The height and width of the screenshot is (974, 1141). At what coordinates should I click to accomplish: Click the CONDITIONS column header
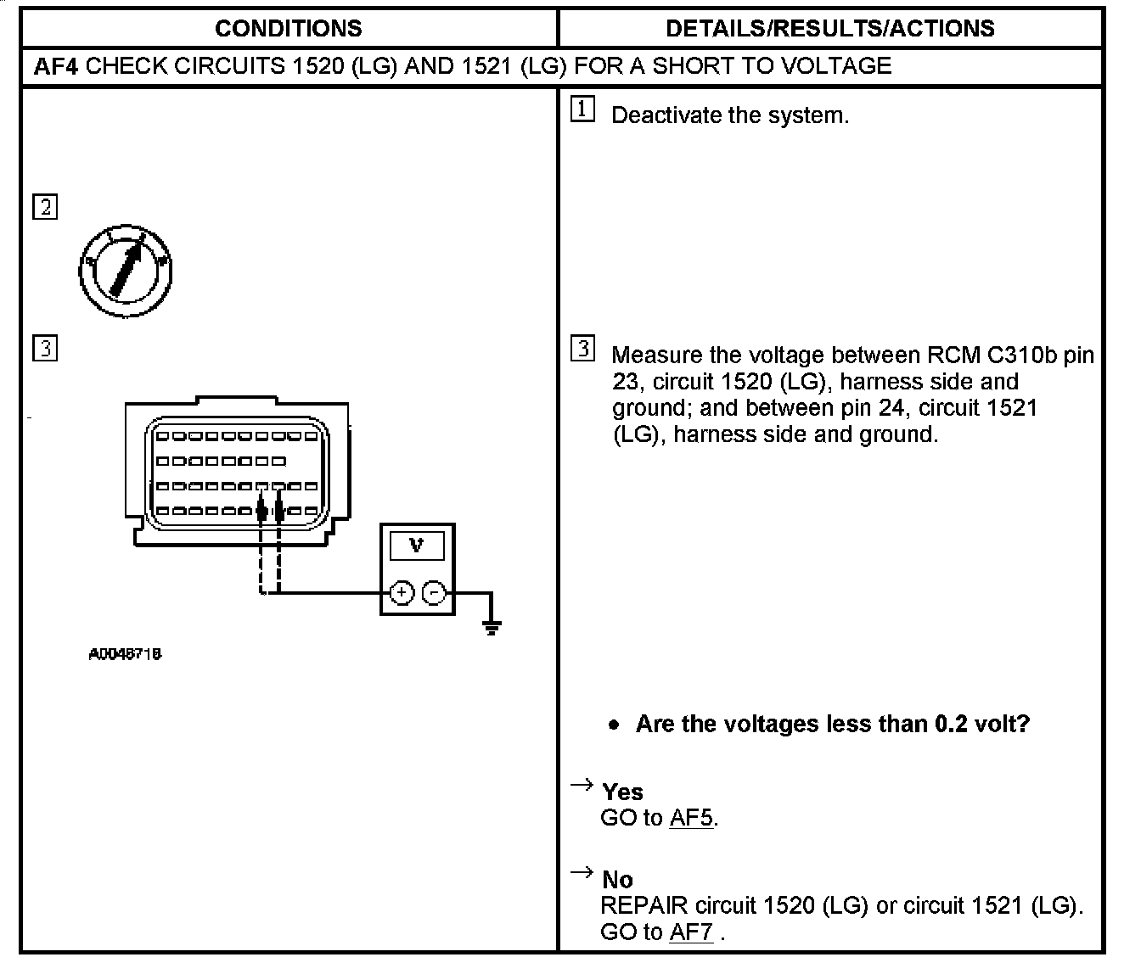click(x=288, y=28)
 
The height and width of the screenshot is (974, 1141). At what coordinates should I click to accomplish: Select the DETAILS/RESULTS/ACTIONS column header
click(x=829, y=28)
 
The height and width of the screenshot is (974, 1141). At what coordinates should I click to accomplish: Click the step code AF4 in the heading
click(x=56, y=66)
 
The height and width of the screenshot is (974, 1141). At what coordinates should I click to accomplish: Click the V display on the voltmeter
click(x=416, y=546)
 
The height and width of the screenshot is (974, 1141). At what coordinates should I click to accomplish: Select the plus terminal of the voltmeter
click(x=401, y=593)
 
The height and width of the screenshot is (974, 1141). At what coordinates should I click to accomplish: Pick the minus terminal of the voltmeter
click(x=434, y=593)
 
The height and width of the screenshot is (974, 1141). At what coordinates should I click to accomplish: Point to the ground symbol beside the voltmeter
click(x=491, y=627)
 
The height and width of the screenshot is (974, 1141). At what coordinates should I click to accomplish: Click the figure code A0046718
click(x=125, y=654)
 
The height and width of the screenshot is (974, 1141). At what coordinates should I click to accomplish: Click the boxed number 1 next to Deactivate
click(x=582, y=109)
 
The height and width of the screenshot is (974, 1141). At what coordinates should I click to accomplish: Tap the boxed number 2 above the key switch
click(x=45, y=207)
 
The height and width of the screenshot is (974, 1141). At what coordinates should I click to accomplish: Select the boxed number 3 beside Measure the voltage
click(x=582, y=349)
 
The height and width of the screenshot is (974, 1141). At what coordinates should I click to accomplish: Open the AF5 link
click(x=691, y=818)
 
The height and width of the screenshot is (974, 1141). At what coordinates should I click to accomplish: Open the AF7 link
click(x=691, y=932)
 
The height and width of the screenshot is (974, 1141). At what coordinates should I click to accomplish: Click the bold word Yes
click(x=622, y=792)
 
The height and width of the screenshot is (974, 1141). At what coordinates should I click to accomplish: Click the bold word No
click(x=617, y=880)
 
